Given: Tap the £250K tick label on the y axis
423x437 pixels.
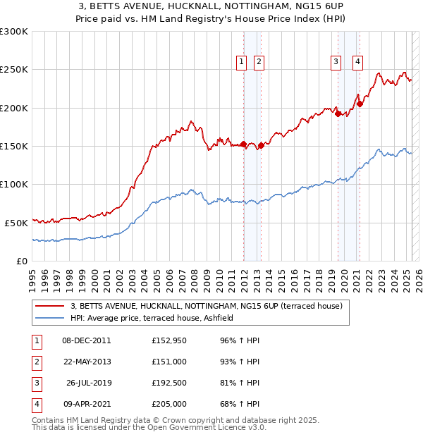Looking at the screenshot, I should point(14,70).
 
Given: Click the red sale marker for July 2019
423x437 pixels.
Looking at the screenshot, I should point(338,113).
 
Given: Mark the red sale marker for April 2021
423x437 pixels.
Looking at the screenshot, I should point(360,104).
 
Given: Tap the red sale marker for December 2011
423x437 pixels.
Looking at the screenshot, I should point(244,144).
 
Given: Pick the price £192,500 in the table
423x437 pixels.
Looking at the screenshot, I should point(168,383).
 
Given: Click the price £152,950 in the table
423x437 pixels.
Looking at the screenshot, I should point(168,340).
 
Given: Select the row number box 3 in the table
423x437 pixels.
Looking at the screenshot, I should point(37,383).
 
